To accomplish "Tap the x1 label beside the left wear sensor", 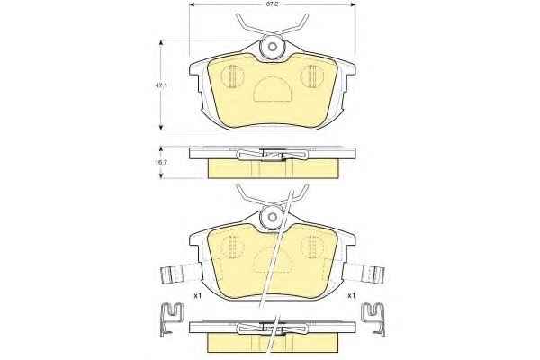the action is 197,295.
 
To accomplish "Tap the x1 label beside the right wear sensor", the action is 351,295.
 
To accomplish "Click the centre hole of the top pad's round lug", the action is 273,47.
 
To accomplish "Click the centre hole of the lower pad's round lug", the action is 273,217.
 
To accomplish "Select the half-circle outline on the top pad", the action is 273,89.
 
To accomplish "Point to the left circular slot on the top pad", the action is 232,76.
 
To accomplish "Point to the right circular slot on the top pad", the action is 312,76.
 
